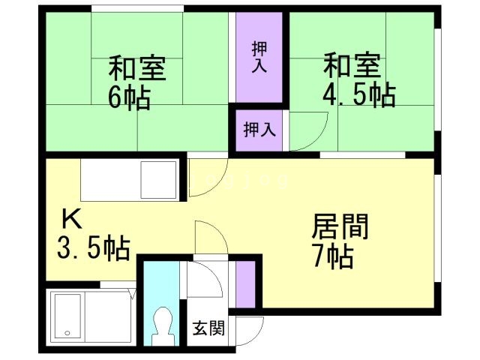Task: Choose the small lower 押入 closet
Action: pyautogui.click(x=259, y=130)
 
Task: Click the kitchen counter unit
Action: pyautogui.click(x=131, y=181)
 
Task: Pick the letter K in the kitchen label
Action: pyautogui.click(x=71, y=219)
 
